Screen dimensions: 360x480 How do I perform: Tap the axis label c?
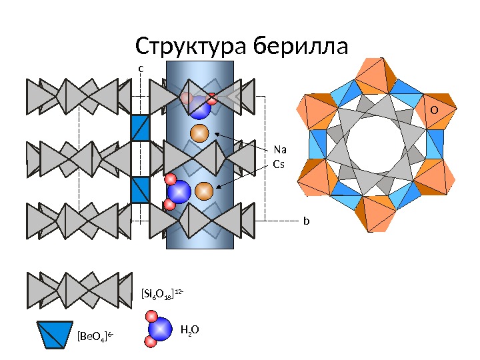(141, 68)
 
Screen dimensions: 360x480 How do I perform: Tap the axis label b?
(307, 219)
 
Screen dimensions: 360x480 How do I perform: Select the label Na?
(280, 150)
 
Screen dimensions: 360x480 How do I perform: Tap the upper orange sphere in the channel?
(199, 133)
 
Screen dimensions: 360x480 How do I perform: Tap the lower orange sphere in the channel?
(205, 191)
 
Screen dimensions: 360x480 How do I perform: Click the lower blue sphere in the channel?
(179, 192)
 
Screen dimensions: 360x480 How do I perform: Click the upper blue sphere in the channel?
(199, 105)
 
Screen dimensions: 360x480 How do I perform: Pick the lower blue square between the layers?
(141, 189)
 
